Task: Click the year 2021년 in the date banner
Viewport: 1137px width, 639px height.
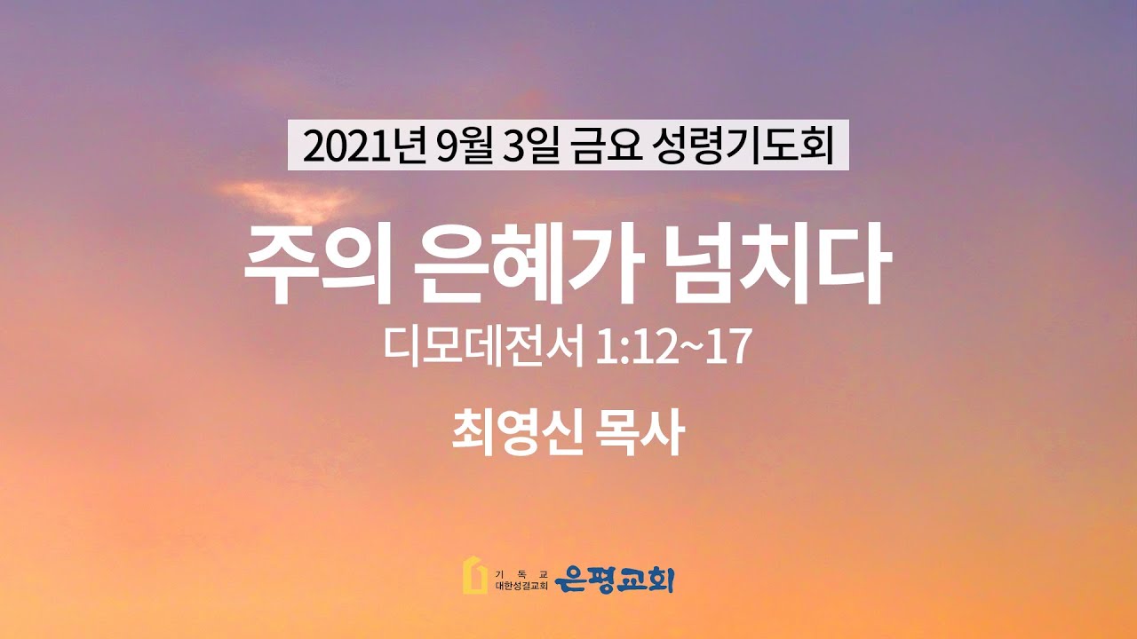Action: click(363, 146)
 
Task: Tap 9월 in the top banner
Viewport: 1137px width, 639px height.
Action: click(464, 146)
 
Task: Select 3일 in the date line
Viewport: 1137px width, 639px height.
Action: click(531, 146)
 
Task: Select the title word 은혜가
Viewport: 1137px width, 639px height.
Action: click(529, 264)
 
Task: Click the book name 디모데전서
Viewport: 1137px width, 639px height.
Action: click(483, 347)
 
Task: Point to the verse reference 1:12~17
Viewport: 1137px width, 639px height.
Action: click(673, 347)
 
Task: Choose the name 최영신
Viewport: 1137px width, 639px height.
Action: click(516, 432)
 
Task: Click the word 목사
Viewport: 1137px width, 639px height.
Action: click(641, 432)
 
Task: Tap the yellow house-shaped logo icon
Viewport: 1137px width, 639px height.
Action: click(474, 575)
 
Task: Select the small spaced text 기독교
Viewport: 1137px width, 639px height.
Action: click(521, 574)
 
